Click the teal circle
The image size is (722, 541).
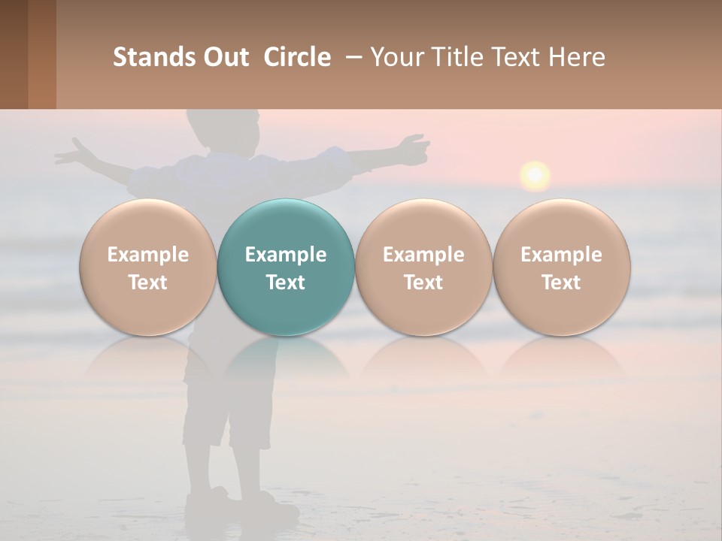click(x=286, y=267)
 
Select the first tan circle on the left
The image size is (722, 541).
click(x=148, y=267)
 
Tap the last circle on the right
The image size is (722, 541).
click(x=562, y=267)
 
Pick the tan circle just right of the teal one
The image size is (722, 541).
click(x=423, y=267)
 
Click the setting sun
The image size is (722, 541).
click(x=535, y=175)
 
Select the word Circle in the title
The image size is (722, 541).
click(x=297, y=57)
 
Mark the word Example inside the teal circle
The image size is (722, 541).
click(x=286, y=255)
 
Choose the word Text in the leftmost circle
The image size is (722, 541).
click(x=148, y=283)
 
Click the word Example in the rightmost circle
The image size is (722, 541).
click(x=562, y=255)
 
